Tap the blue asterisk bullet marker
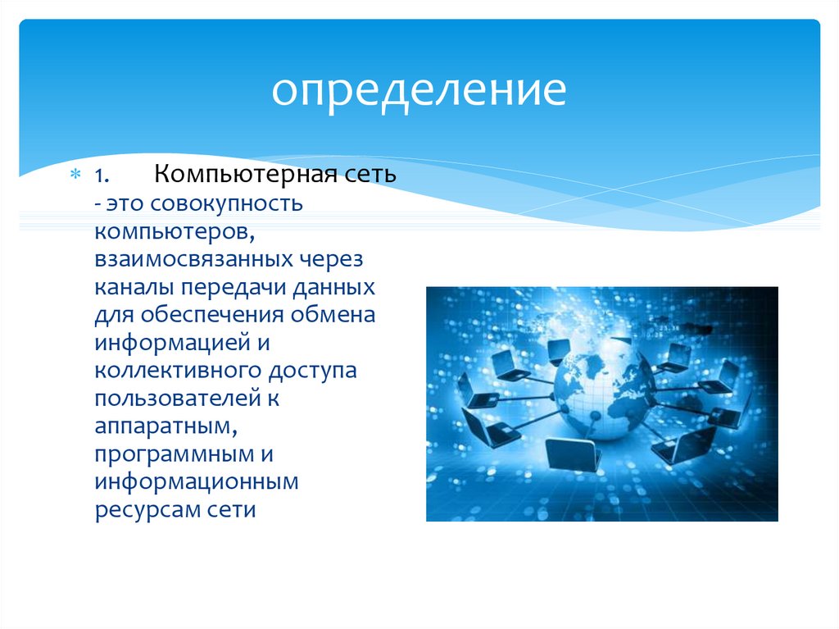tap(75, 174)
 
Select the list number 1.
tap(102, 175)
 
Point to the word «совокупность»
tap(226, 204)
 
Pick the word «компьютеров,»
tap(175, 232)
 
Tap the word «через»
tap(331, 260)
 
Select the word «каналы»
tap(134, 288)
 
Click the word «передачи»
tap(233, 288)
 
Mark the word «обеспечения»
tap(212, 315)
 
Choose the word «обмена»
tap(333, 315)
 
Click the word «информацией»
tap(172, 343)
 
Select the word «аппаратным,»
tap(166, 426)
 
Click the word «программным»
tap(175, 454)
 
